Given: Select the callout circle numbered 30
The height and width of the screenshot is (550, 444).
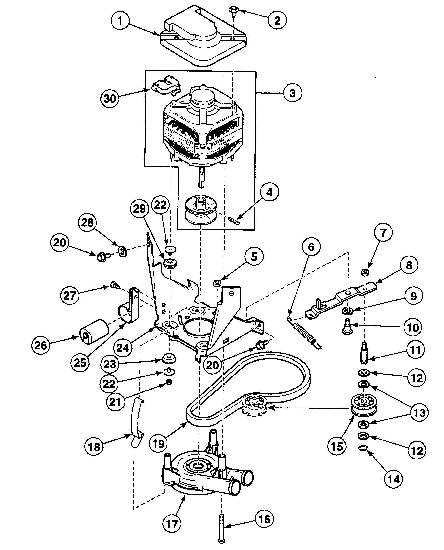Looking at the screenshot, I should (x=110, y=98).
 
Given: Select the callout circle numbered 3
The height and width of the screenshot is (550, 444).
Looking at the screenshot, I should (x=292, y=93).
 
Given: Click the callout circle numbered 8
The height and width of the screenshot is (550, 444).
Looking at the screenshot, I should (x=409, y=265).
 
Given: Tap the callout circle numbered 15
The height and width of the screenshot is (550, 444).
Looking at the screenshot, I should (x=337, y=446).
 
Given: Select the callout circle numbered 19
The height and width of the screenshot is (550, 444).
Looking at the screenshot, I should (x=159, y=443).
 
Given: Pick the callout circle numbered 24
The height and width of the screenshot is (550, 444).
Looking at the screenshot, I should (x=123, y=348).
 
